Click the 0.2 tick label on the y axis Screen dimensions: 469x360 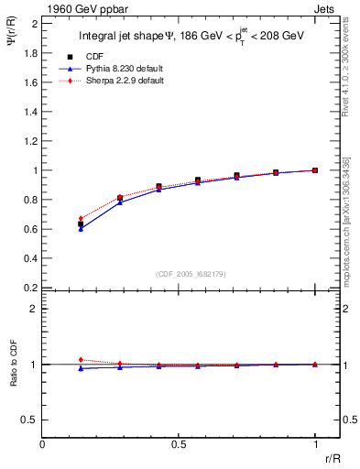coord(29,288)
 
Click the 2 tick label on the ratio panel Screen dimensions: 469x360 coord(34,309)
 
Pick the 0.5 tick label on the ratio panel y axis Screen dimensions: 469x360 coord(29,420)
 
